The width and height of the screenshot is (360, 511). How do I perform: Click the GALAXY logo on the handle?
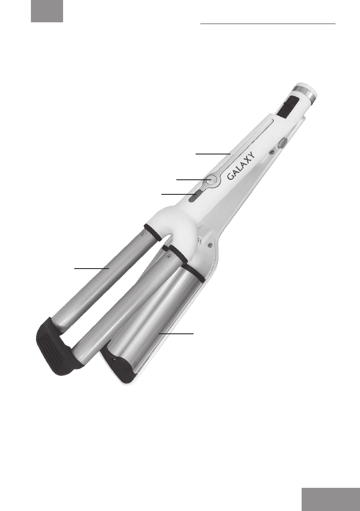[x=241, y=166]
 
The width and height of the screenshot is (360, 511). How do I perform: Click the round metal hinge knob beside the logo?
[x=282, y=142]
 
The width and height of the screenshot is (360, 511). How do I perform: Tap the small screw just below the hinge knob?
[x=271, y=151]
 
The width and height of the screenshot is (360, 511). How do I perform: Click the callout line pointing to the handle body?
[x=213, y=153]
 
